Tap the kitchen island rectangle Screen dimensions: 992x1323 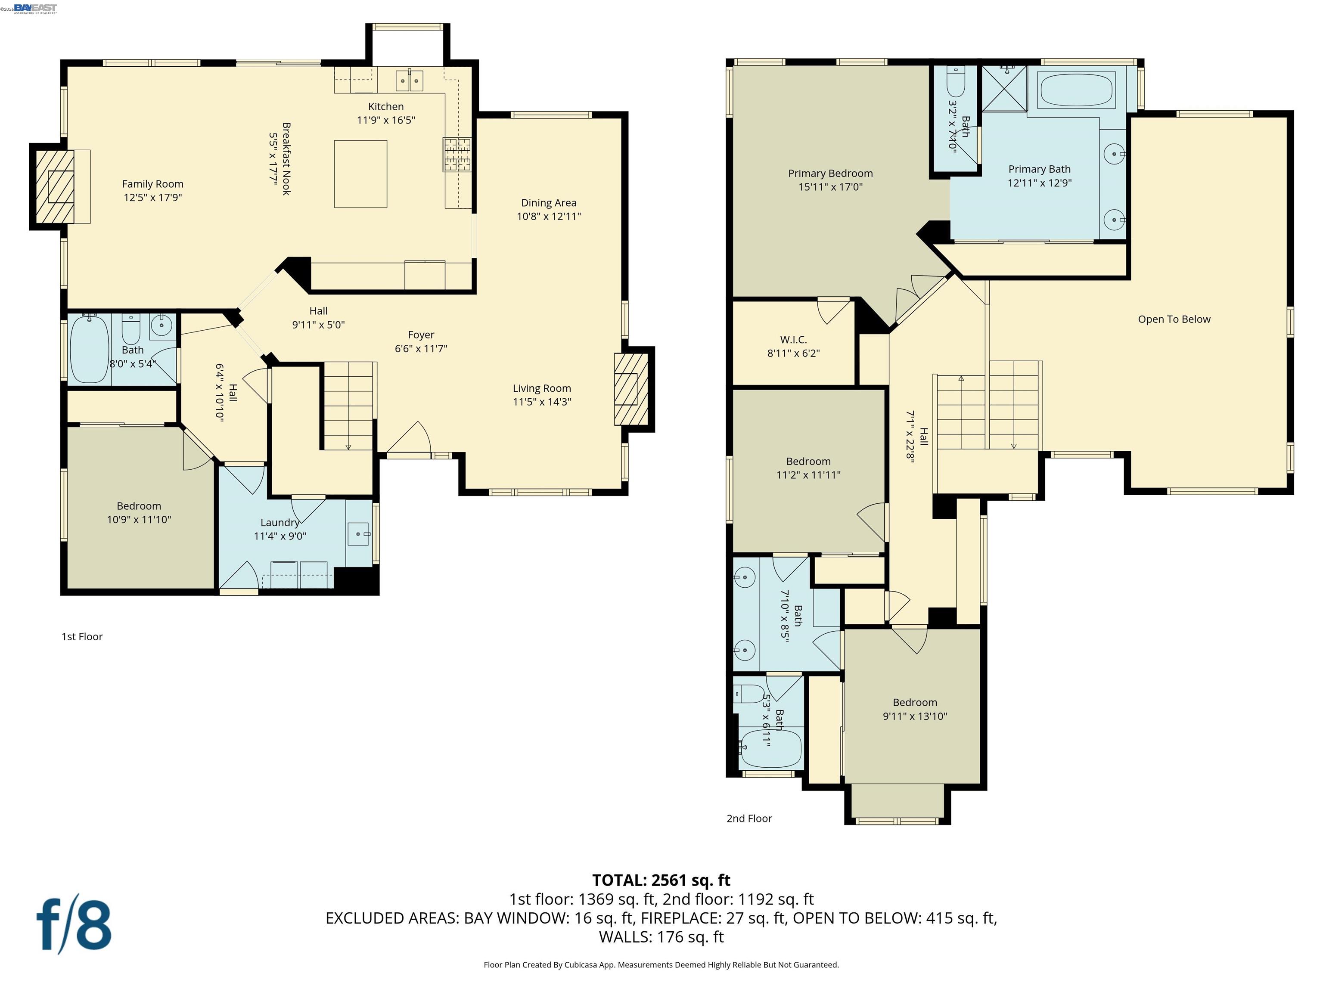[360, 174]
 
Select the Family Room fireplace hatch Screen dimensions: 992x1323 [54, 186]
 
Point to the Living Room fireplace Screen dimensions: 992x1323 [631, 389]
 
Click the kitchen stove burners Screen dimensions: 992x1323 [457, 155]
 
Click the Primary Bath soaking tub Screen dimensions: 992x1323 [1076, 90]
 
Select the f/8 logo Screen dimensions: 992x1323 [74, 924]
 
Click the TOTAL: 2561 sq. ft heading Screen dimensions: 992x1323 [661, 880]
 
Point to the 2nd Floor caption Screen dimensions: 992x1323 [749, 818]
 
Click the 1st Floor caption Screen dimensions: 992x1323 [82, 637]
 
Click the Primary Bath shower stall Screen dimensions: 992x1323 [1004, 89]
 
